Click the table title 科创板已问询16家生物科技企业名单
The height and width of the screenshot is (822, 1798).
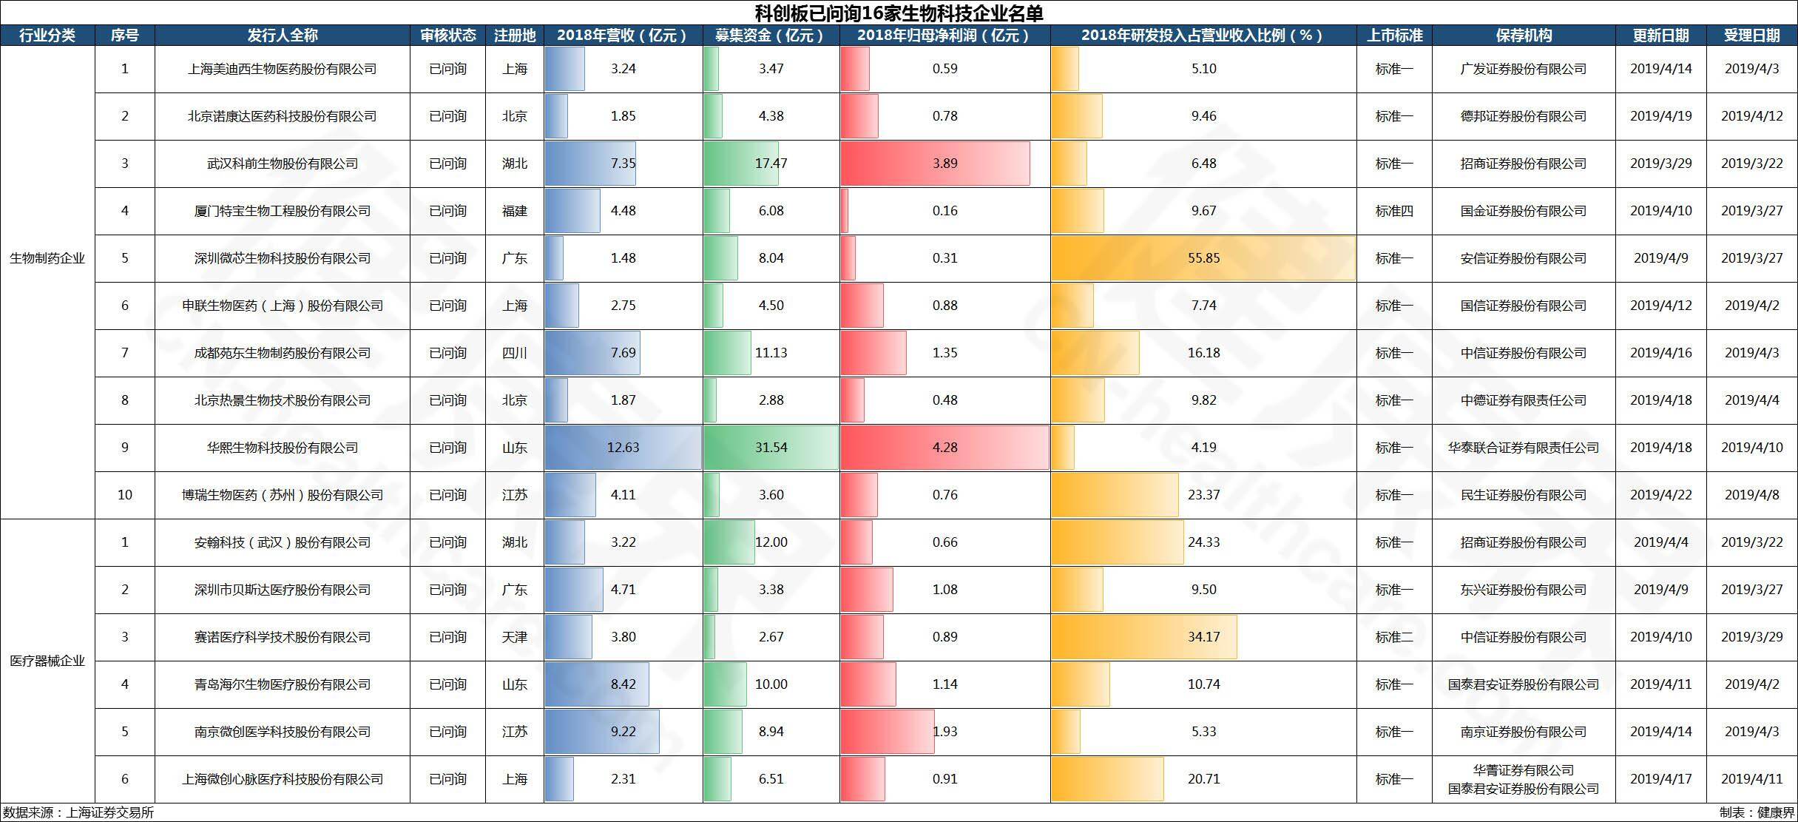pyautogui.click(x=899, y=13)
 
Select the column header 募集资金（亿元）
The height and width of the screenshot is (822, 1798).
pyautogui.click(x=771, y=36)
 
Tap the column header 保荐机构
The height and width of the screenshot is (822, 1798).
pyautogui.click(x=1524, y=36)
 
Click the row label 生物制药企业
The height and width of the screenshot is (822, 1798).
pyautogui.click(x=47, y=258)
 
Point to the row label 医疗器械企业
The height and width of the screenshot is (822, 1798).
pyautogui.click(x=47, y=661)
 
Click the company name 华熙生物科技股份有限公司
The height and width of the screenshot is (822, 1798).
pyautogui.click(x=283, y=448)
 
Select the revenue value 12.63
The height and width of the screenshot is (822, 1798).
pyautogui.click(x=623, y=448)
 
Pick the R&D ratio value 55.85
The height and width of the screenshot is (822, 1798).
pyautogui.click(x=1204, y=258)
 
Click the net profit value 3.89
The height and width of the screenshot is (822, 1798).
pyautogui.click(x=945, y=164)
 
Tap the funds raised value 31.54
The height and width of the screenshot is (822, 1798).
pyautogui.click(x=771, y=448)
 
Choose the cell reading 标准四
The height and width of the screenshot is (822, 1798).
pyautogui.click(x=1394, y=211)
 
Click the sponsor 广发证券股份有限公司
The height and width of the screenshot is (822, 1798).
pyautogui.click(x=1524, y=69)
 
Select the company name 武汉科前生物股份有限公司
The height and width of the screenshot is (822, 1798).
pyautogui.click(x=283, y=164)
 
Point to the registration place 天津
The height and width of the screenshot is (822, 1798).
pyautogui.click(x=515, y=637)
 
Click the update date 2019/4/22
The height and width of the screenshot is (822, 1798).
pyautogui.click(x=1661, y=495)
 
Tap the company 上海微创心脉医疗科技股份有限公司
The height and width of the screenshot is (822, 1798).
pyautogui.click(x=283, y=779)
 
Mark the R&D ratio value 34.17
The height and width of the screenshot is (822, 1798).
pyautogui.click(x=1204, y=637)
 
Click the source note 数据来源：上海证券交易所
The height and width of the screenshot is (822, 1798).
pyautogui.click(x=78, y=812)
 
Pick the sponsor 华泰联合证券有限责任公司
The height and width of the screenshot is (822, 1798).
pyautogui.click(x=1524, y=448)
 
